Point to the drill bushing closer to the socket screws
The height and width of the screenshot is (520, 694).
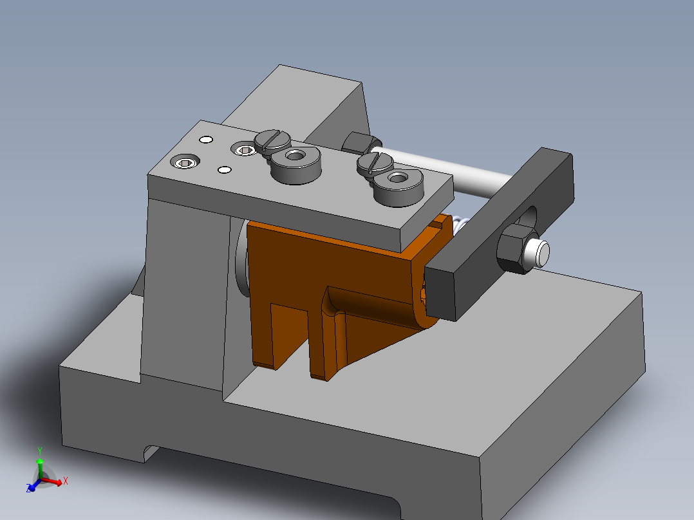coord(296,162)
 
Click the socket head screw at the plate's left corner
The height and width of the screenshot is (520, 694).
coord(185,162)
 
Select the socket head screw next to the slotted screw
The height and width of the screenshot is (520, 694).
coord(244,150)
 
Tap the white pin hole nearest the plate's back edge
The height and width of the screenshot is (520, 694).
coord(206,139)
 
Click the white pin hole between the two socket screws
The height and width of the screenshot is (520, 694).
coord(225,170)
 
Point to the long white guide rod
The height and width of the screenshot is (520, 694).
coord(451,174)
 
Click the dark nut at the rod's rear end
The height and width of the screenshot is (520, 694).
coord(356,142)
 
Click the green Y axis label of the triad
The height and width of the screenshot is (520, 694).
coord(40,450)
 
